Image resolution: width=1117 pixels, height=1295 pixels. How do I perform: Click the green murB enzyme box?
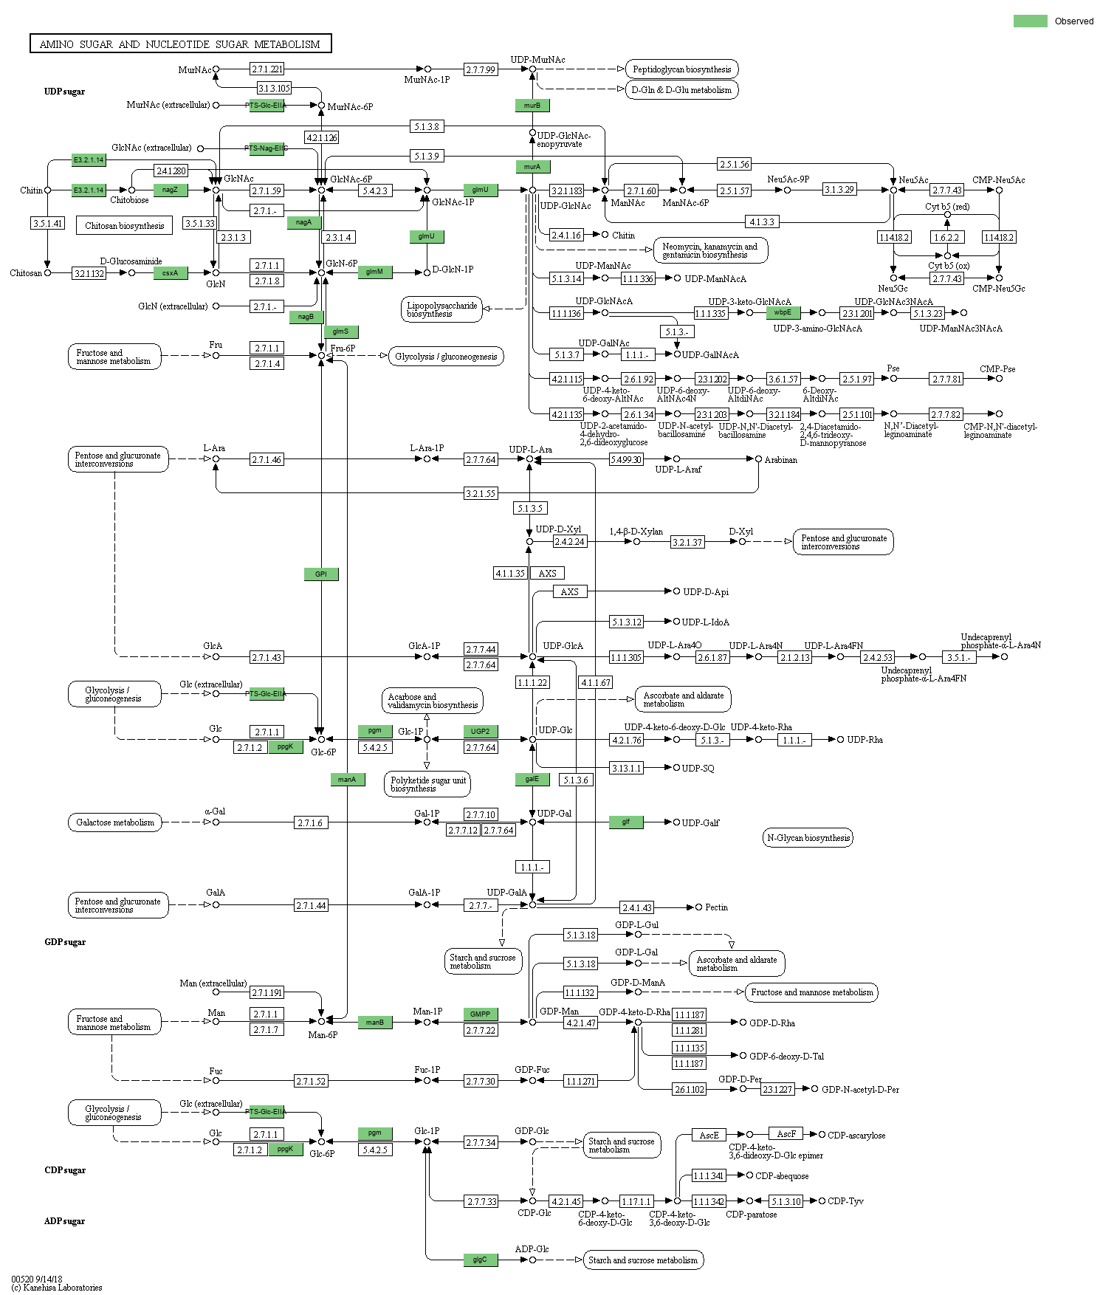532,106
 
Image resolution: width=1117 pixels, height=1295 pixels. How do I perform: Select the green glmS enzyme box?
340,332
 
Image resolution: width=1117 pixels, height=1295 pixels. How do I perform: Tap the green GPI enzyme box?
321,574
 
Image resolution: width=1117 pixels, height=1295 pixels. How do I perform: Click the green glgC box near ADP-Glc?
480,1260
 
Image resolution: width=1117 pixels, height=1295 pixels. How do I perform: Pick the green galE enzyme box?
532,779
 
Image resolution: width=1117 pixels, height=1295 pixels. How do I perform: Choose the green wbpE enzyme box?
783,312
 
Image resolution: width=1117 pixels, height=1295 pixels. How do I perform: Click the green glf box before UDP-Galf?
626,822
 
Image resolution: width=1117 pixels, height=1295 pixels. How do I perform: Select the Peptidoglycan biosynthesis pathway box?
681,69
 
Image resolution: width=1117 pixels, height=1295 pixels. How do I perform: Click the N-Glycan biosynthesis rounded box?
808,837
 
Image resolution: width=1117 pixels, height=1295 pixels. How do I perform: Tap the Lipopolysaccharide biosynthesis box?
441,309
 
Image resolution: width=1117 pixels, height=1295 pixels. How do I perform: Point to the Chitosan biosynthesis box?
124,225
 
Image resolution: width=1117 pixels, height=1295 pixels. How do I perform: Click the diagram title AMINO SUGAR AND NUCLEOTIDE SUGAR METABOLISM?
180,44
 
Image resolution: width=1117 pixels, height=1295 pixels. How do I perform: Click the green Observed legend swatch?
1030,21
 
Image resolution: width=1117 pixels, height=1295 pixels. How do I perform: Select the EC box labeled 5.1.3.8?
427,126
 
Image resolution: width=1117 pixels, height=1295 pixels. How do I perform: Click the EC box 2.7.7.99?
481,69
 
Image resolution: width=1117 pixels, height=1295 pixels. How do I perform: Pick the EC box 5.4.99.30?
626,459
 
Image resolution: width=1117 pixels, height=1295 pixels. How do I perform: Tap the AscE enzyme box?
709,1135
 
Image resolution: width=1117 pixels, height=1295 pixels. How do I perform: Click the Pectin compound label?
716,907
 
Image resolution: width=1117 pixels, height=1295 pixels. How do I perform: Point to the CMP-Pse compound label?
997,369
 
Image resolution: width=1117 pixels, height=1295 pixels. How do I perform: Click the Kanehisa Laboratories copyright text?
57,1288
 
